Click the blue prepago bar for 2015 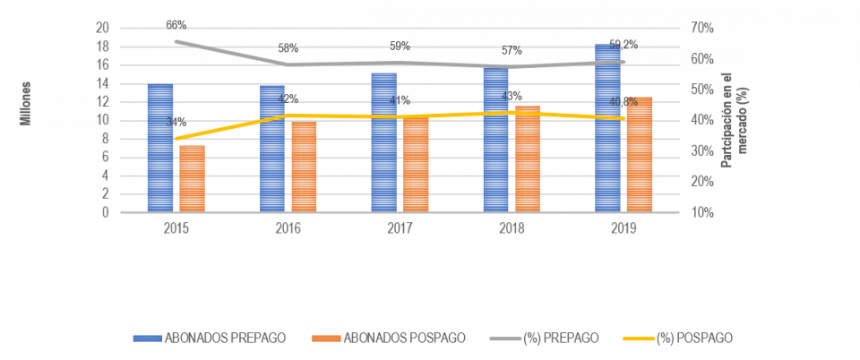point(160,148)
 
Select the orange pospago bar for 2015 point(192,178)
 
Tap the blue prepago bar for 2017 point(383,142)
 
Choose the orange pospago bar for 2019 point(640,154)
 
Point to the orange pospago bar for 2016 point(304,166)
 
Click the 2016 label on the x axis point(288,228)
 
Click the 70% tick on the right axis point(702,28)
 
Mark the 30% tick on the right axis point(702,151)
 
